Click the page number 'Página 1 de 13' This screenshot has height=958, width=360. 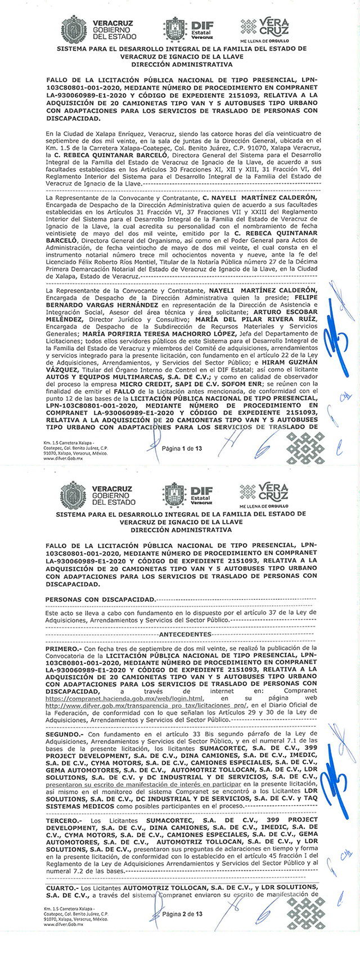(182, 448)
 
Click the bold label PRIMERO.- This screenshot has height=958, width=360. (64, 649)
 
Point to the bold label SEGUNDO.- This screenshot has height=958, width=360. (65, 734)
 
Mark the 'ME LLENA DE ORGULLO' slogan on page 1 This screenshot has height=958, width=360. (264, 41)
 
